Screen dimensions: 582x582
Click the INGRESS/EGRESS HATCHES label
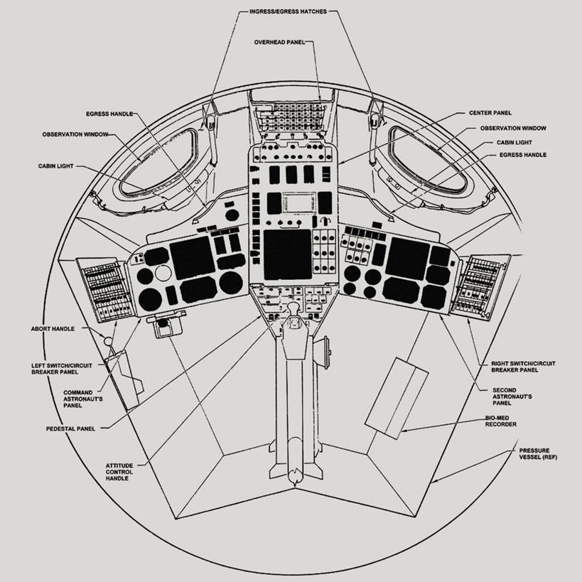289,12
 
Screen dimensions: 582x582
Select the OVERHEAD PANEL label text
279,43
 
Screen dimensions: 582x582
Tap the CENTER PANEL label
490,112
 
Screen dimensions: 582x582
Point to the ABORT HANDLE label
53,329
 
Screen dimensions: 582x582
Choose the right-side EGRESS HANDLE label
523,154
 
